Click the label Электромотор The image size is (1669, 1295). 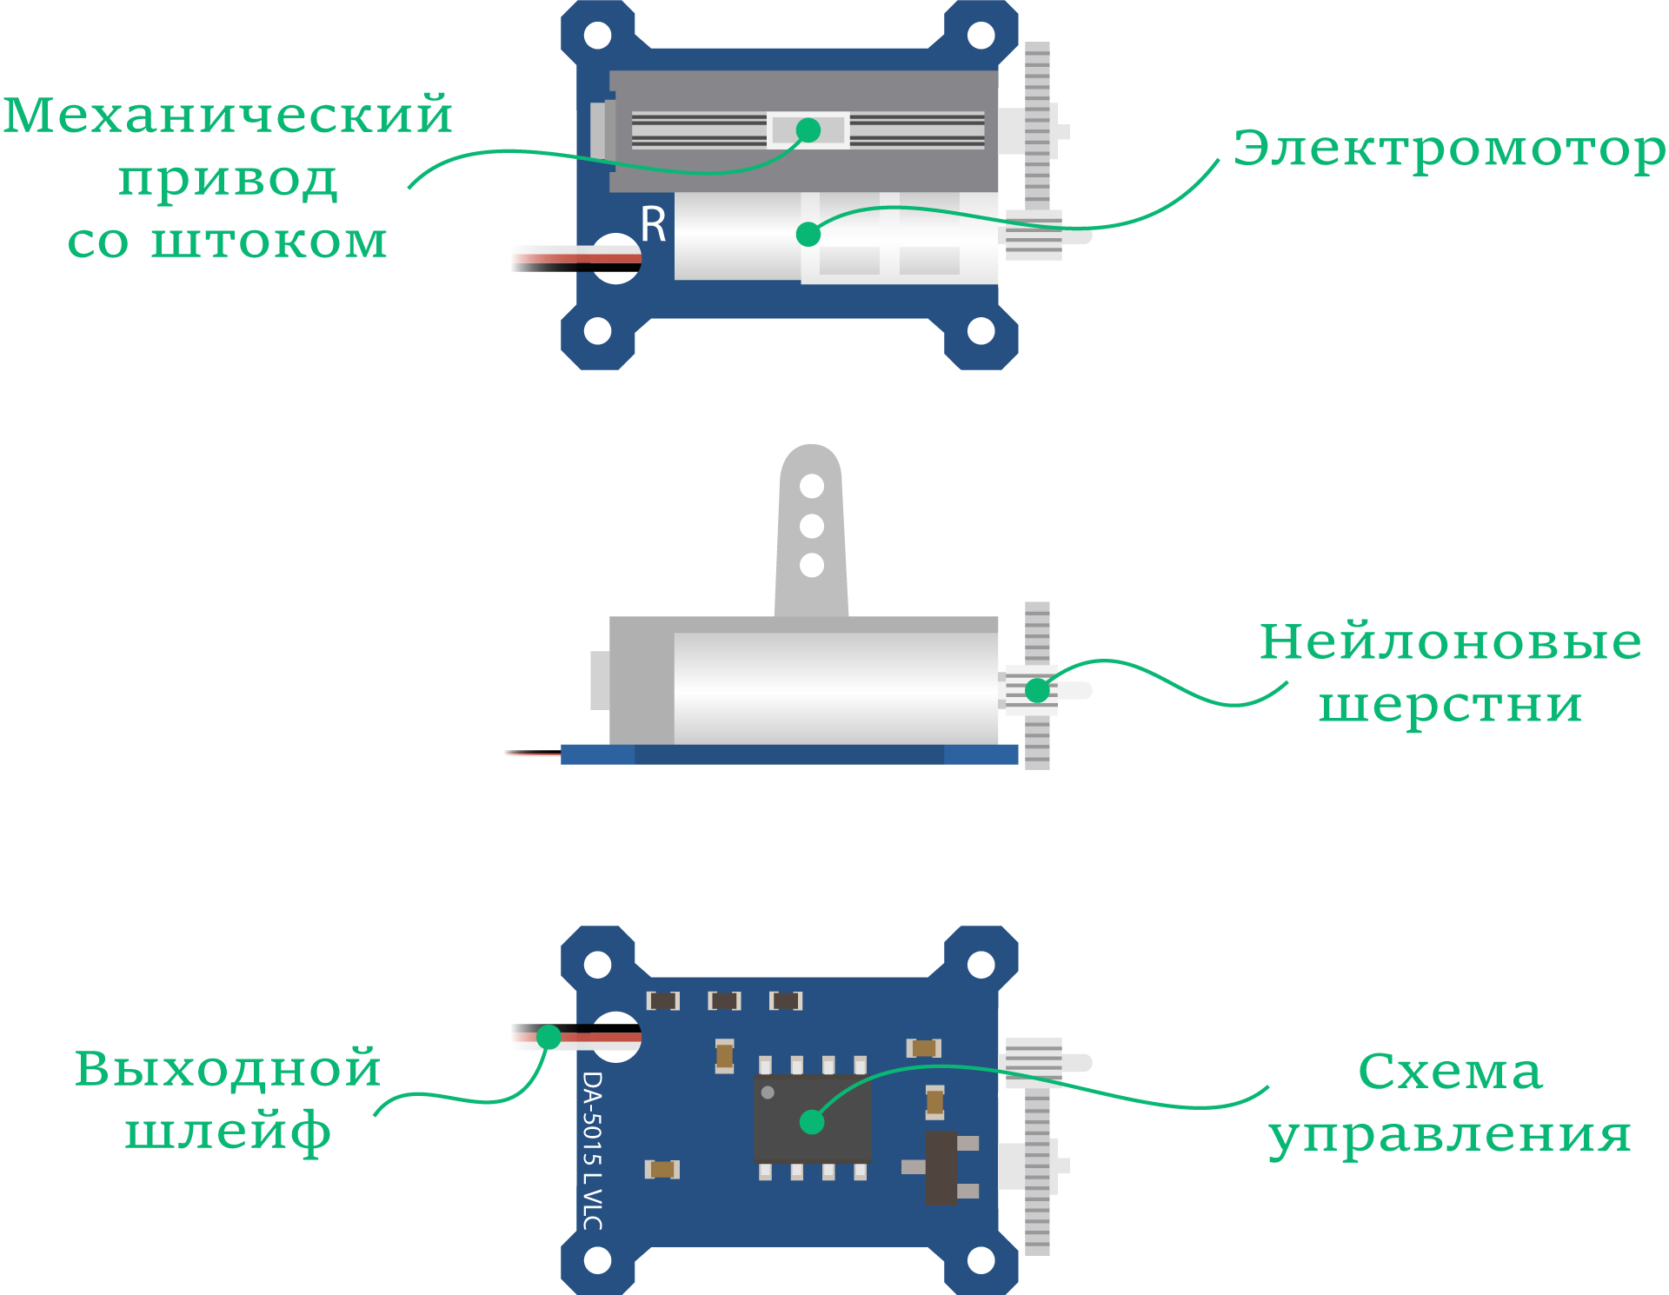click(1449, 149)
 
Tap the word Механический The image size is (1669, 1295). click(228, 116)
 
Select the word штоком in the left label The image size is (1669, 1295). click(269, 242)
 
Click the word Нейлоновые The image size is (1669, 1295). click(1450, 642)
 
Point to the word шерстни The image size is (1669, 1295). click(1450, 705)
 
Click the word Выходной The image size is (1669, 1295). click(228, 1068)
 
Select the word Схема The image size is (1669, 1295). click(1450, 1072)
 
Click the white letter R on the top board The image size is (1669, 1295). click(653, 224)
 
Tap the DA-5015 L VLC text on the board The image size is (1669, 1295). click(592, 1150)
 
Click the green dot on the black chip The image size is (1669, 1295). click(812, 1122)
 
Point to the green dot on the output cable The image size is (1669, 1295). click(549, 1037)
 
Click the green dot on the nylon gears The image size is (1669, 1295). click(1037, 690)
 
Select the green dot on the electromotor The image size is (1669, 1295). click(808, 234)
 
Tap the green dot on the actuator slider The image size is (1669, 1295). click(808, 130)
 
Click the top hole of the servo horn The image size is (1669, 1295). click(812, 486)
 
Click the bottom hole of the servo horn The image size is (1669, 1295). click(812, 565)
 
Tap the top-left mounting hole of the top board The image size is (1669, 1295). click(598, 36)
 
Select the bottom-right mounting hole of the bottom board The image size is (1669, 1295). click(981, 1260)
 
